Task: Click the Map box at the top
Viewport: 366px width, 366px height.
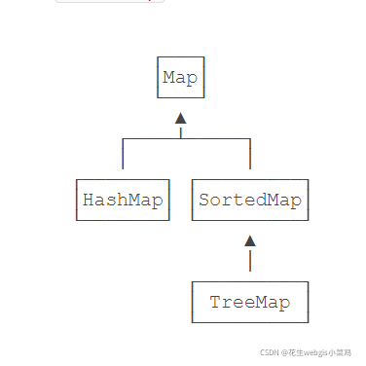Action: [181, 77]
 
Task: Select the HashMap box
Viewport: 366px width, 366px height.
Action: [122, 201]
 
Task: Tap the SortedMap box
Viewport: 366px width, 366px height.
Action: [250, 201]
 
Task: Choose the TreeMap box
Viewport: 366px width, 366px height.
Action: [250, 303]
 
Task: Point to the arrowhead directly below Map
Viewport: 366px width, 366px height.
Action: [180, 118]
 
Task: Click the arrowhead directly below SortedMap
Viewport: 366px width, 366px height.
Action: [250, 240]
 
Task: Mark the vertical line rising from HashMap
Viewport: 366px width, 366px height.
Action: [123, 156]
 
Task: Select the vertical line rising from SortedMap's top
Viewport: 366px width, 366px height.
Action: [250, 156]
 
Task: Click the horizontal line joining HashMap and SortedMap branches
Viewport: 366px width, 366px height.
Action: [186, 138]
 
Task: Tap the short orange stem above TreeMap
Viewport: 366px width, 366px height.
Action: [250, 260]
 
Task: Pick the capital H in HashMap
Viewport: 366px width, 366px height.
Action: [89, 201]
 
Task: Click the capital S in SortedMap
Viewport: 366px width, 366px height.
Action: [204, 201]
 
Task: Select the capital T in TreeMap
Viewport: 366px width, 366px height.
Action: [216, 303]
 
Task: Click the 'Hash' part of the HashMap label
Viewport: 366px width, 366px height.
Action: [105, 201]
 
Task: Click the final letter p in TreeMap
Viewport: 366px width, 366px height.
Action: [284, 304]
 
